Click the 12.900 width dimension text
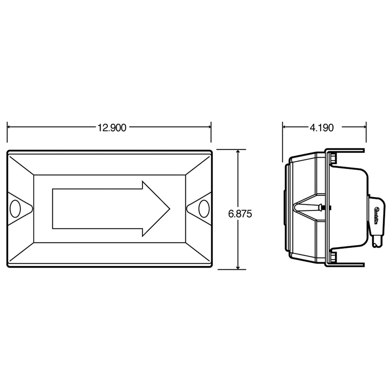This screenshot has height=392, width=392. pyautogui.click(x=112, y=128)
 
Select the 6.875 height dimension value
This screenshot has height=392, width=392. pyautogui.click(x=240, y=214)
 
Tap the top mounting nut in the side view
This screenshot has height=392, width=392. pyautogui.click(x=333, y=157)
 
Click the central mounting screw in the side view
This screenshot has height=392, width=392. pyautogui.click(x=321, y=208)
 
